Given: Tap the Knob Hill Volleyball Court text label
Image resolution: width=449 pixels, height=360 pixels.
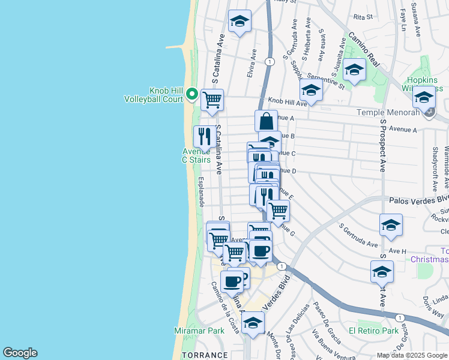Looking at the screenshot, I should pyautogui.click(x=152, y=94).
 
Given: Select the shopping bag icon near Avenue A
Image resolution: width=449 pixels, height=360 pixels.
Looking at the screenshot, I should pyautogui.click(x=266, y=121).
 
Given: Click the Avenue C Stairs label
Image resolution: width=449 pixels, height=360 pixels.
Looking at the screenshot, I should pyautogui.click(x=197, y=155).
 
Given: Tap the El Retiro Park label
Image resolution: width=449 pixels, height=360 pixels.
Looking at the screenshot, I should pyautogui.click(x=374, y=331).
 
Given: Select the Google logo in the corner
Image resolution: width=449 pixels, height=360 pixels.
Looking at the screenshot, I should pyautogui.click(x=19, y=353).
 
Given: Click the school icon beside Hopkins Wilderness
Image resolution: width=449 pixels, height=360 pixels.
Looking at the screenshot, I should pyautogui.click(x=424, y=98).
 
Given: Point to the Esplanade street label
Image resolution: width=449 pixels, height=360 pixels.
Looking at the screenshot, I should pyautogui.click(x=201, y=192).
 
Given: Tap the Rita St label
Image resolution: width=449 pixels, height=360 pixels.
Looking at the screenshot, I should pyautogui.click(x=363, y=17).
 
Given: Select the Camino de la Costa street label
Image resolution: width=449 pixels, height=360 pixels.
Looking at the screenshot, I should pyautogui.click(x=217, y=307).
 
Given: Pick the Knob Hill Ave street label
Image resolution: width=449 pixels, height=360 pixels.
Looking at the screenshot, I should pyautogui.click(x=288, y=103).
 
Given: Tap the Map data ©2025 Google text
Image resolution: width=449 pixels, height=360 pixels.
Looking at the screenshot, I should pyautogui.click(x=412, y=355).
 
